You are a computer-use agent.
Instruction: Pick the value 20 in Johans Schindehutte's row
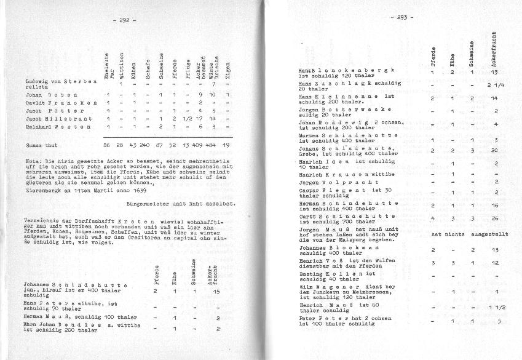click(x=495, y=150)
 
